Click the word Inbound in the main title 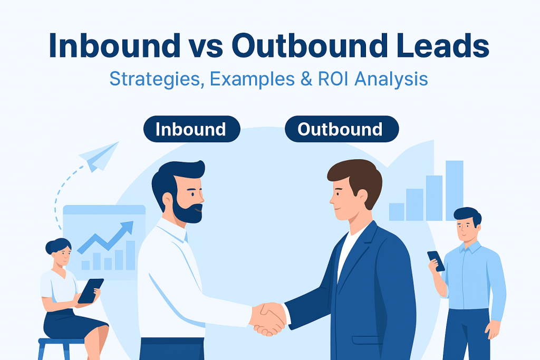click(x=114, y=45)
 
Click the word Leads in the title click(x=442, y=45)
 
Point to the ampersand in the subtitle click(x=306, y=79)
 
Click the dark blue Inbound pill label click(x=191, y=129)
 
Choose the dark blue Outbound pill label click(x=342, y=129)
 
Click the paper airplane click(x=99, y=157)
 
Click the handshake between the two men click(x=268, y=319)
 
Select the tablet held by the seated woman click(x=91, y=291)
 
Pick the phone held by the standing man click(x=436, y=261)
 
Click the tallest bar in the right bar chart click(x=454, y=191)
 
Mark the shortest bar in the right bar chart click(x=397, y=212)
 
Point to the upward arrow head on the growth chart click(x=127, y=228)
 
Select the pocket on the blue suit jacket click(x=367, y=339)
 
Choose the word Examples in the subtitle click(x=252, y=79)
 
